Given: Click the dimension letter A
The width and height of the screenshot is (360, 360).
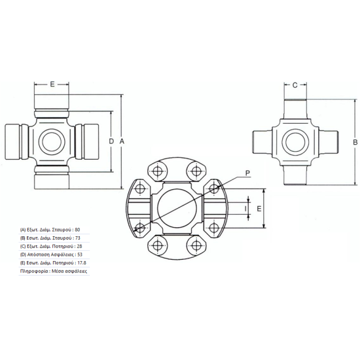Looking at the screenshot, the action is pyautogui.click(x=122, y=141).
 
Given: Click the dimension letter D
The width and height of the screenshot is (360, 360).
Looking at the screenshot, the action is pyautogui.click(x=111, y=141).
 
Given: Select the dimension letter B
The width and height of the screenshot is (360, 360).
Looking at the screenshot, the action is pyautogui.click(x=355, y=142).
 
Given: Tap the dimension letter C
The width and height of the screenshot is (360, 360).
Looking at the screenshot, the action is pyautogui.click(x=295, y=85).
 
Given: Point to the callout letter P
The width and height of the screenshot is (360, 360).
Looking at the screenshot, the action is pyautogui.click(x=247, y=173).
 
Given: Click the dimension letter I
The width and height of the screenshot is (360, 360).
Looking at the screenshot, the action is pyautogui.click(x=245, y=209).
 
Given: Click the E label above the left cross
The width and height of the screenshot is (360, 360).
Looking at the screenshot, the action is pyautogui.click(x=52, y=84).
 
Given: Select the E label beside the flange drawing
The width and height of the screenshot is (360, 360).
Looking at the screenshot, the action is pyautogui.click(x=259, y=209).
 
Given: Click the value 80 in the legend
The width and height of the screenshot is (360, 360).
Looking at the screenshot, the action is pyautogui.click(x=77, y=230).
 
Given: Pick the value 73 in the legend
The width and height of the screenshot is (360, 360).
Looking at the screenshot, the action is pyautogui.click(x=78, y=238).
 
